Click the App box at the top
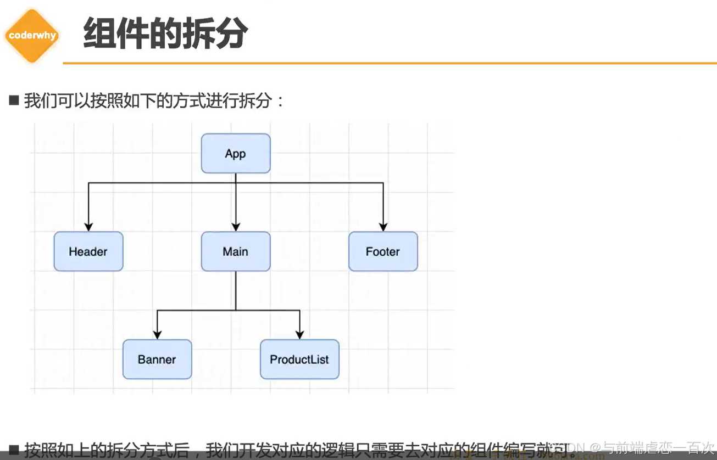235,154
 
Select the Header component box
88,251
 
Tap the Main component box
235,251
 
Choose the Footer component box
383,251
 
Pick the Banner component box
157,360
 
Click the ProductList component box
299,360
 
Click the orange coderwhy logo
31,36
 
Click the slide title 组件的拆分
165,34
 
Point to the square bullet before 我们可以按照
14,100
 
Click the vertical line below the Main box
236,291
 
